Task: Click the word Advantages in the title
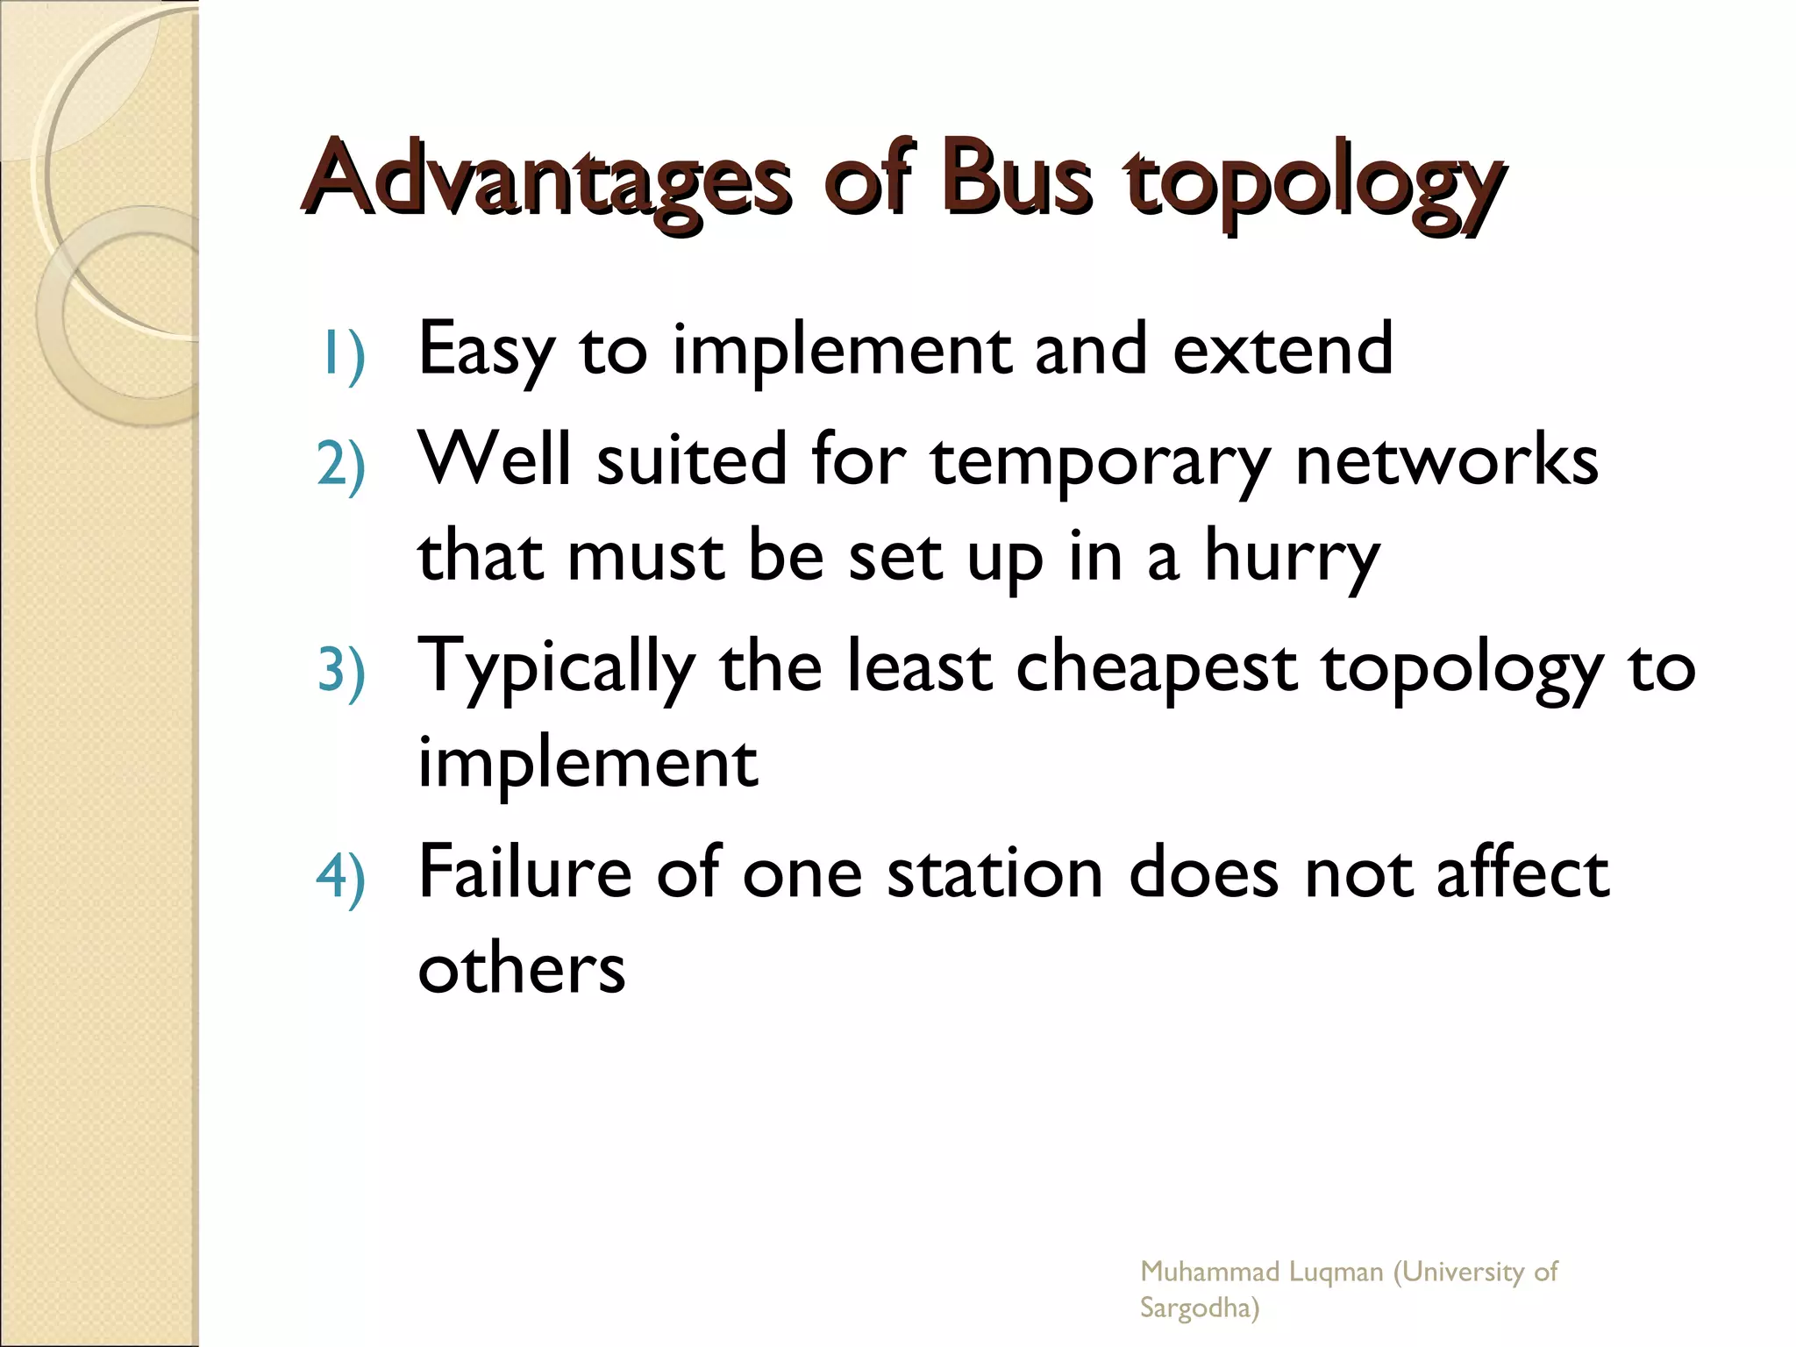[x=546, y=180]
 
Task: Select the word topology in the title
[x=1313, y=184]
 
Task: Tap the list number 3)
[x=341, y=673]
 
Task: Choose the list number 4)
[x=341, y=879]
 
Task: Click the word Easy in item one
[x=487, y=351]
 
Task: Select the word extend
[x=1282, y=349]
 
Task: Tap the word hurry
[x=1292, y=559]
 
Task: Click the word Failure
[x=525, y=873]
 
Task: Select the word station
[x=994, y=874]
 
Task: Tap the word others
[x=522, y=969]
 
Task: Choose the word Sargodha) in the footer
[x=1199, y=1308]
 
